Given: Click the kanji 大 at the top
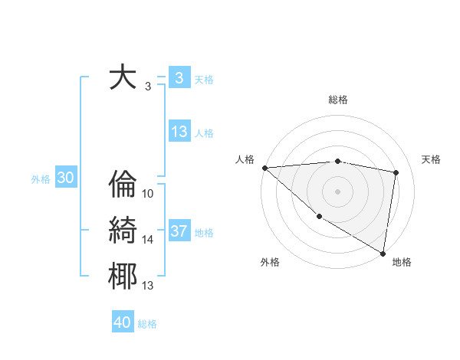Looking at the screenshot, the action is (123, 77).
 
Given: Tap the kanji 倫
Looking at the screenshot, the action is (123, 185).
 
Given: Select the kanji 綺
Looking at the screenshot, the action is (123, 230).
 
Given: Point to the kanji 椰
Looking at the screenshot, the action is (123, 276).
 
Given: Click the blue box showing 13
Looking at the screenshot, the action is (179, 132).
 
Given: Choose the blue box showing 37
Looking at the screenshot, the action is (179, 231).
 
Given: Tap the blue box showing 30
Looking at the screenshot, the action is (66, 178).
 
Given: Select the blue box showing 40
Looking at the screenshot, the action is (123, 322).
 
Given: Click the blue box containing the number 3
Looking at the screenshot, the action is (179, 77).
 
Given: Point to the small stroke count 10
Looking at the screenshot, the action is (148, 194).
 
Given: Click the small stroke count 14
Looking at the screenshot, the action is (148, 240).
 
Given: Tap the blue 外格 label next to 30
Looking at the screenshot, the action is (41, 179).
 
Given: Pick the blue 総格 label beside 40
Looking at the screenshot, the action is (147, 324).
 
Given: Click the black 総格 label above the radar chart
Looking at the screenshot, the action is (338, 100).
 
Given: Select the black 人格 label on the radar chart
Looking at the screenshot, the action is (245, 159).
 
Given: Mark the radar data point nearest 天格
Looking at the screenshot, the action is (396, 172).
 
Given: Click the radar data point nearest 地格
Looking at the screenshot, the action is (383, 252).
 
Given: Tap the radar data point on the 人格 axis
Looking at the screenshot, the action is (264, 168).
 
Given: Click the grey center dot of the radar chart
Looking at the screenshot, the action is (337, 191).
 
